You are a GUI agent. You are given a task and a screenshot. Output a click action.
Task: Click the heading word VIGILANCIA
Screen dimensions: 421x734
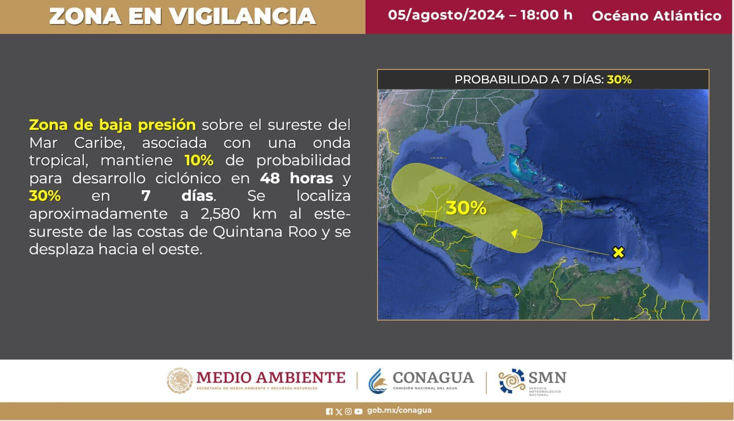coord(242,16)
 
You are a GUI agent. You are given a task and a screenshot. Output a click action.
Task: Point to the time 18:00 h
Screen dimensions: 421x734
coord(546,15)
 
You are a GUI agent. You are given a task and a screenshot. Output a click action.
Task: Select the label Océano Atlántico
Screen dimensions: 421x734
coord(657,16)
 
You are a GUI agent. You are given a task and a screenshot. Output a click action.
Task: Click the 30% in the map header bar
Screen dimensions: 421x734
coord(619,79)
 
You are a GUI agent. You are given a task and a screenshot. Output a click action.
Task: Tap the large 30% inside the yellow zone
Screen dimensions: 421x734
coord(466,208)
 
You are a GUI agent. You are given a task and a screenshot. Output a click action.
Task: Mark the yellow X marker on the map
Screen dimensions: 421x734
coord(618,253)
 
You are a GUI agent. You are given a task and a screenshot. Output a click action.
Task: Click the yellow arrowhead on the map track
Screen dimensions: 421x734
coord(514,233)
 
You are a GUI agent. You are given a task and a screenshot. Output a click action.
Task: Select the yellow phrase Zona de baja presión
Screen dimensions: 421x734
coord(112,124)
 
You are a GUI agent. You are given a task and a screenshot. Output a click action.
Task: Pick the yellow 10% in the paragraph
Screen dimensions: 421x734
coord(199,160)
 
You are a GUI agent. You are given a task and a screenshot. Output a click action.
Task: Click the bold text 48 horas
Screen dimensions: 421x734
coord(297,178)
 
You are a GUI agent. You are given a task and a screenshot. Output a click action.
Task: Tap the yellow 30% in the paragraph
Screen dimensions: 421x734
coord(45,196)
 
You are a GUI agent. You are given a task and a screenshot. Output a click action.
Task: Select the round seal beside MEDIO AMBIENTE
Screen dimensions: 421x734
coord(179,381)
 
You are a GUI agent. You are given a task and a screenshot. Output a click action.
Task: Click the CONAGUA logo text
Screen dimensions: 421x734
coord(433,378)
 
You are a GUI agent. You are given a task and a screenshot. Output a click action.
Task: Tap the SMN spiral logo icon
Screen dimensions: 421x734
coord(511,382)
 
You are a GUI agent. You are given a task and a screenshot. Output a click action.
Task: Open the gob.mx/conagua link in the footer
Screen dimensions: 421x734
coord(399,411)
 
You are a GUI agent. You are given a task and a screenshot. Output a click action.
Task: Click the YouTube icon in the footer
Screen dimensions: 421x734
coord(358,412)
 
